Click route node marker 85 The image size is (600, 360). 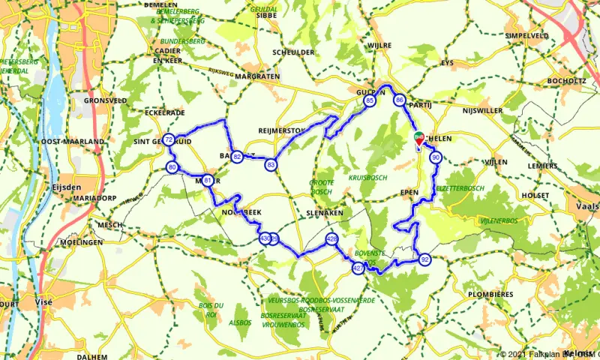pos(369,100)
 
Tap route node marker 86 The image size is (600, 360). pos(400,100)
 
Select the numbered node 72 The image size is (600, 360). pos(169,139)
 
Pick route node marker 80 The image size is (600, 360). pos(172,166)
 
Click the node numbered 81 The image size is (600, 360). pos(208,180)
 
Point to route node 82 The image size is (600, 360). pos(237,157)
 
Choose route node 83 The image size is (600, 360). pos(271,164)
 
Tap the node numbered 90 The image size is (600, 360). pos(435,157)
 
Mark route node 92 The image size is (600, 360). pos(425,259)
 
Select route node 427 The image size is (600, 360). pos(358,268)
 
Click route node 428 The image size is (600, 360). pos(331,238)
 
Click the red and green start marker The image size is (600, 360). pos(418,138)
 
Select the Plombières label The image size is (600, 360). pos(491,294)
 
